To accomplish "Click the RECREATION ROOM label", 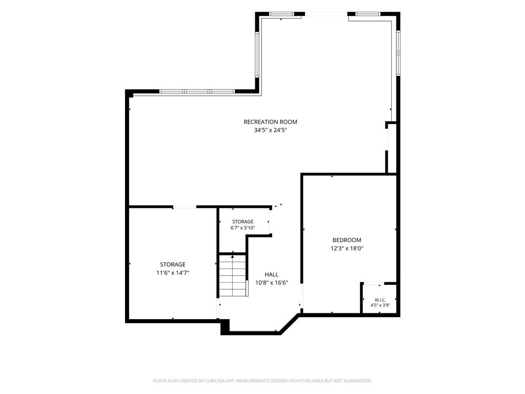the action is [270, 122].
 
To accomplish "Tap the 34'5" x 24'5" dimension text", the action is [271, 130].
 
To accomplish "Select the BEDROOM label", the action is [347, 240].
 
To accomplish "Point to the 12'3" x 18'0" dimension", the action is [347, 248].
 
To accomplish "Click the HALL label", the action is [272, 274].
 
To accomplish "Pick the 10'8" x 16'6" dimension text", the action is [272, 283].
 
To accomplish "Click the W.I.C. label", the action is [380, 300].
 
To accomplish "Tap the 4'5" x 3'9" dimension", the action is [380, 306].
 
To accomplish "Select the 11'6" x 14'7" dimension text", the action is [173, 273].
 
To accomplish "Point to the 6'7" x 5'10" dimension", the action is [243, 228].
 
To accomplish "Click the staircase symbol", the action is [233, 275].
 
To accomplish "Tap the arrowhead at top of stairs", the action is [232, 257].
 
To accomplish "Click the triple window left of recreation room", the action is [197, 91].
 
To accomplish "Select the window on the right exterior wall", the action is [398, 53].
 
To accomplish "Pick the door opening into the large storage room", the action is [185, 207].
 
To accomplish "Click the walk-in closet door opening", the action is [374, 284].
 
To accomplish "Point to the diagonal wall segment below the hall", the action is [289, 324].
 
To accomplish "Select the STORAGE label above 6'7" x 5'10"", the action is [243, 222].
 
